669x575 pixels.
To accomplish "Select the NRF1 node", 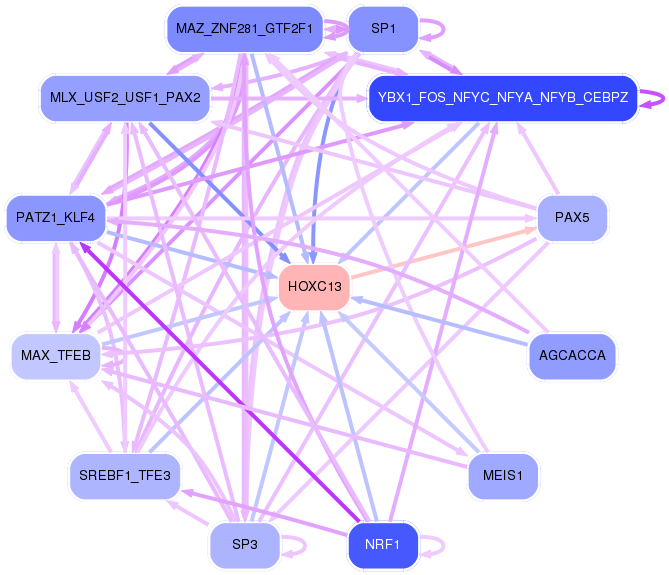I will click(382, 545).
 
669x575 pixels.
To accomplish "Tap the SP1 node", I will click(382, 29).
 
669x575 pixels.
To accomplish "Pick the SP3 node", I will click(244, 545).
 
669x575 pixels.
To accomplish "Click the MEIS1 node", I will click(504, 475).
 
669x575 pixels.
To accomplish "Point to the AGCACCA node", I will click(572, 355).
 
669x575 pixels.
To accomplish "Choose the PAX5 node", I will click(572, 217).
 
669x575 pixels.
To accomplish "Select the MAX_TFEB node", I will click(55, 355).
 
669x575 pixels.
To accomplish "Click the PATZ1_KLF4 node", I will click(55, 217).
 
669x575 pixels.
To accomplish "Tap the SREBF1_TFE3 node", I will click(125, 475).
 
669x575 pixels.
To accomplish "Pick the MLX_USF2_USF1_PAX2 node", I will click(125, 97).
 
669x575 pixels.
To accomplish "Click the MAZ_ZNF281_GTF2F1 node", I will click(244, 29).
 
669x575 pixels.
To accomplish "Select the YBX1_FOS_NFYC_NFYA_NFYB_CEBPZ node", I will click(502, 97).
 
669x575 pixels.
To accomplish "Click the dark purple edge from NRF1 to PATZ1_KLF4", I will click(220, 385).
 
